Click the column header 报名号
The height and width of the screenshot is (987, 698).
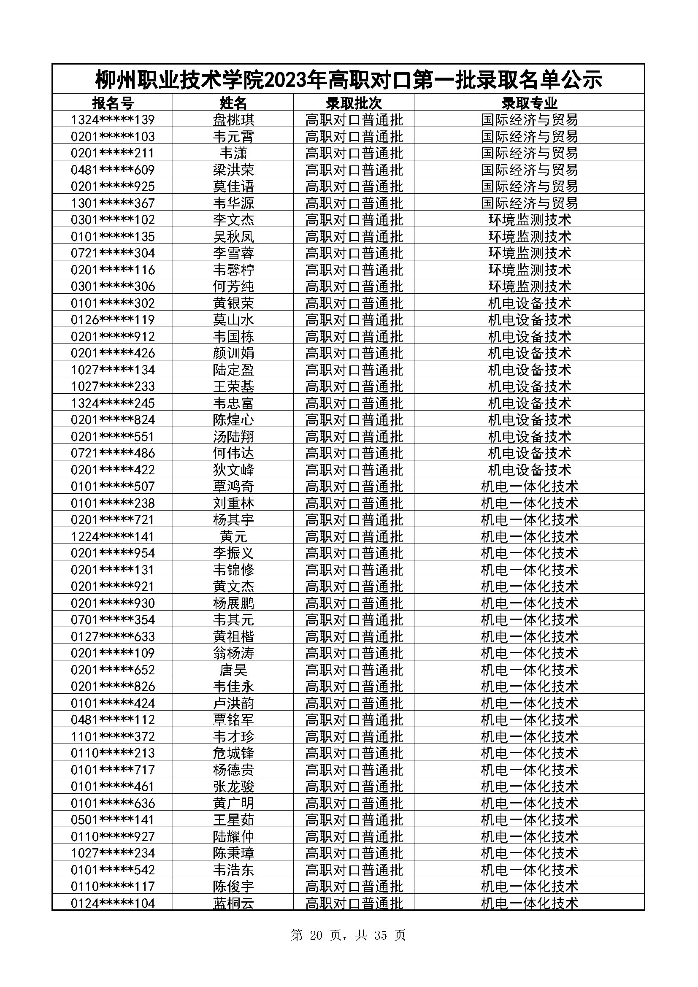click(x=113, y=103)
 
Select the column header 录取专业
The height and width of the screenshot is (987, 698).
click(x=529, y=103)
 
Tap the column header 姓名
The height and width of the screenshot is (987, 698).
click(x=233, y=103)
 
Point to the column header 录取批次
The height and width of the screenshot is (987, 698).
click(x=354, y=103)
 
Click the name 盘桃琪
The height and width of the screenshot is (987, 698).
click(x=233, y=119)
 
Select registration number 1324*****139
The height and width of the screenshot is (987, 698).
click(x=113, y=119)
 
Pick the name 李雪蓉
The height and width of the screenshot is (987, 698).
click(x=233, y=253)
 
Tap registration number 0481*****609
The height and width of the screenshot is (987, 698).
click(x=113, y=170)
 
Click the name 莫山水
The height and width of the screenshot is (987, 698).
click(x=233, y=319)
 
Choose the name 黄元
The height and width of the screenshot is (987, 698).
click(x=233, y=536)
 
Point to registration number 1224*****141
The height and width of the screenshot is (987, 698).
click(x=113, y=536)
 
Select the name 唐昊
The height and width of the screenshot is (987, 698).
click(x=233, y=669)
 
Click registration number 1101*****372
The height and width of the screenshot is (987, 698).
click(x=113, y=736)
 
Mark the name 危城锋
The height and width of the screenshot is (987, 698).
click(x=233, y=753)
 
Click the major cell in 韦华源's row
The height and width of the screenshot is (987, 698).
click(x=529, y=203)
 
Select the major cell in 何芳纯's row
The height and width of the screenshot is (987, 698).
click(x=529, y=286)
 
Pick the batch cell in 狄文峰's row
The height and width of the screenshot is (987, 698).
click(x=354, y=469)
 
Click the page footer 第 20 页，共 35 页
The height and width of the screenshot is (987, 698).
click(x=348, y=935)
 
